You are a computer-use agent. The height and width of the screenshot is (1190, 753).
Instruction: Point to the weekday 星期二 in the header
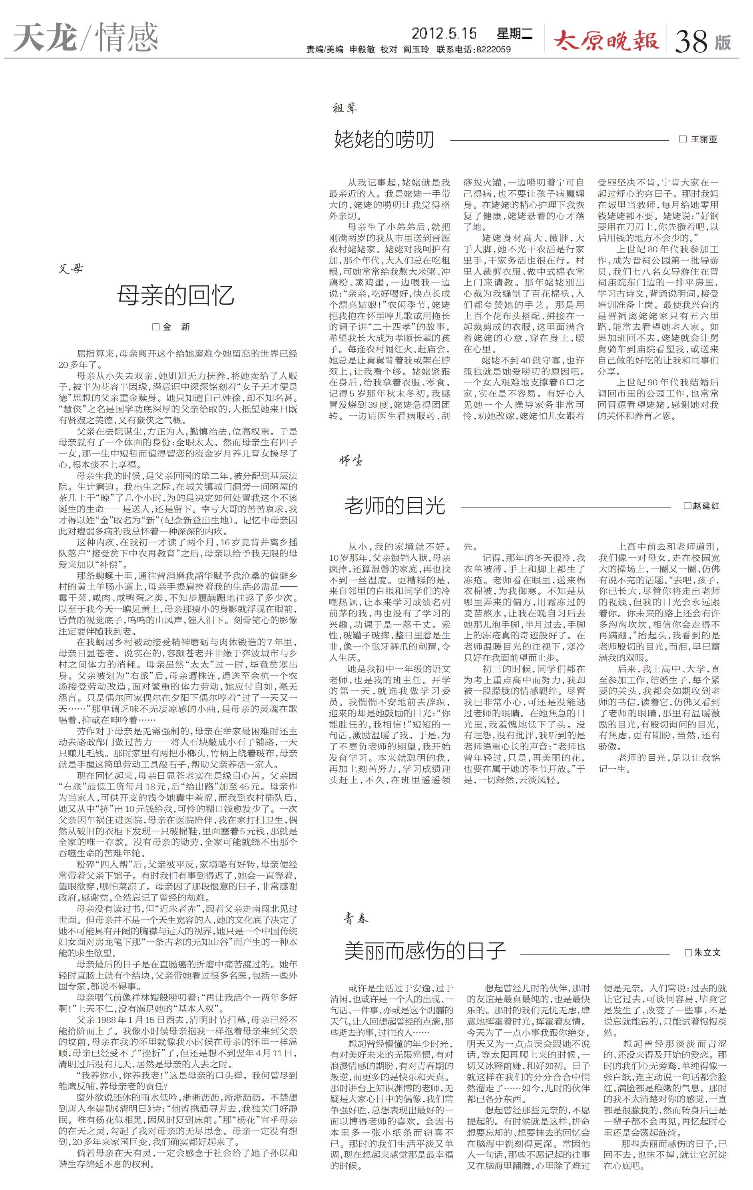pyautogui.click(x=515, y=34)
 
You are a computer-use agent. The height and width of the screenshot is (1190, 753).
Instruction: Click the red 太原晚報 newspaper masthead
pyautogui.click(x=606, y=40)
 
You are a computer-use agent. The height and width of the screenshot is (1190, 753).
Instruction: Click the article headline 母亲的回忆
pyautogui.click(x=175, y=295)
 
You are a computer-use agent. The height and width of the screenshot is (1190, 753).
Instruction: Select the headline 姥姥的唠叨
pyautogui.click(x=384, y=140)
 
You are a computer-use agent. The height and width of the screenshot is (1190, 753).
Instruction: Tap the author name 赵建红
pyautogui.click(x=705, y=506)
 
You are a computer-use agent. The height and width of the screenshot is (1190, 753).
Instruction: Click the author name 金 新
pyautogui.click(x=176, y=327)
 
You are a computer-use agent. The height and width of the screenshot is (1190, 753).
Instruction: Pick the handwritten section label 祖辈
pyautogui.click(x=345, y=108)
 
